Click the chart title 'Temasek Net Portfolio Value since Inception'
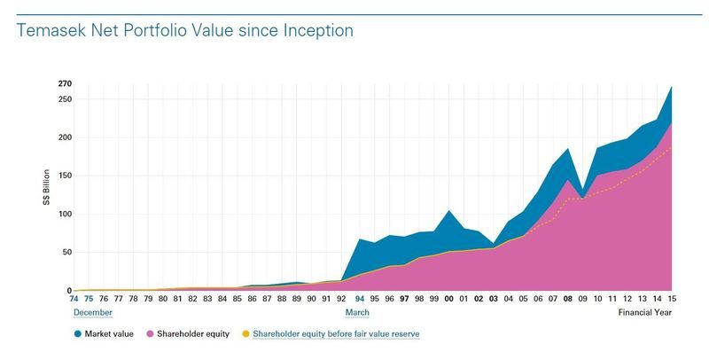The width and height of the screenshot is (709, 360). click(x=185, y=30)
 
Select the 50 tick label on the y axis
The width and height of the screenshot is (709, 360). click(x=66, y=253)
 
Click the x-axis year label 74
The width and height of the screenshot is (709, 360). click(x=74, y=300)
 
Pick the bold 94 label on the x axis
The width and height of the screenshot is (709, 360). click(x=359, y=300)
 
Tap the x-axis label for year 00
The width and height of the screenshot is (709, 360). click(x=448, y=300)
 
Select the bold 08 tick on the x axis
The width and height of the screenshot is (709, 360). click(x=567, y=300)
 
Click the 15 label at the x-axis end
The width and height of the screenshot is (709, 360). click(x=671, y=300)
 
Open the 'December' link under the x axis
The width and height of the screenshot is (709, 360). click(x=92, y=312)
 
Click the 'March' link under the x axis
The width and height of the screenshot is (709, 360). click(x=357, y=312)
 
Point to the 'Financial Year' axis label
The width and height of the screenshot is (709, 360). click(x=644, y=312)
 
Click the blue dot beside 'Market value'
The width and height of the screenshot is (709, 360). click(x=77, y=334)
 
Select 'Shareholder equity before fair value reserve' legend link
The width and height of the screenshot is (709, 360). click(x=336, y=334)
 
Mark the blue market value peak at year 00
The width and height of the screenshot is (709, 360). click(x=448, y=211)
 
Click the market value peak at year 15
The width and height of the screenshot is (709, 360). click(x=671, y=87)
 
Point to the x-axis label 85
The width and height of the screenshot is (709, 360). click(x=238, y=300)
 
